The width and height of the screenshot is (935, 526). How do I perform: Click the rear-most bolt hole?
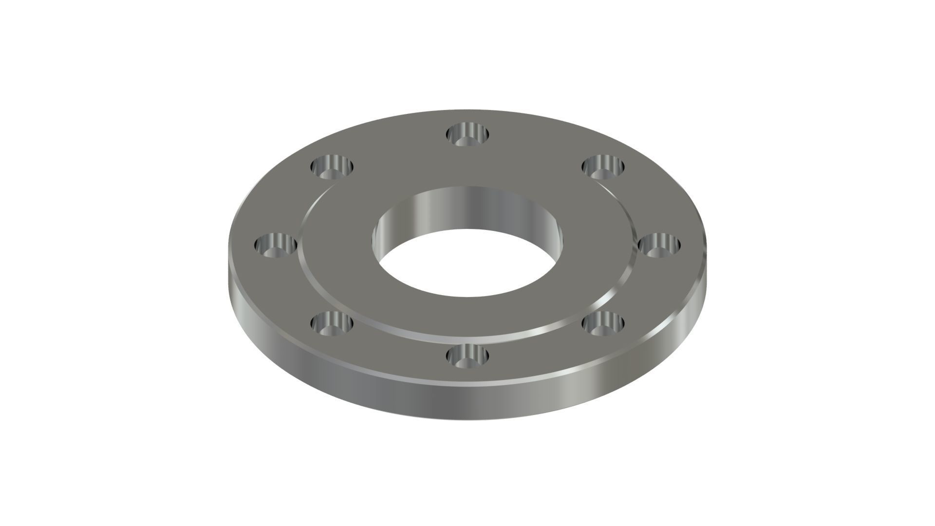468,134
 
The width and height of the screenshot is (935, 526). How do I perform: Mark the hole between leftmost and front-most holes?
332,322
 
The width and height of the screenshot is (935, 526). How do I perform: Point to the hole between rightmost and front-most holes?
603,322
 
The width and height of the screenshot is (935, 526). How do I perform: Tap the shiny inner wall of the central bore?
467,207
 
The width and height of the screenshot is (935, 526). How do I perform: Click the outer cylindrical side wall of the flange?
467,399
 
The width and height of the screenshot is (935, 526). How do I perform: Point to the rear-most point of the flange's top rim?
467,110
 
